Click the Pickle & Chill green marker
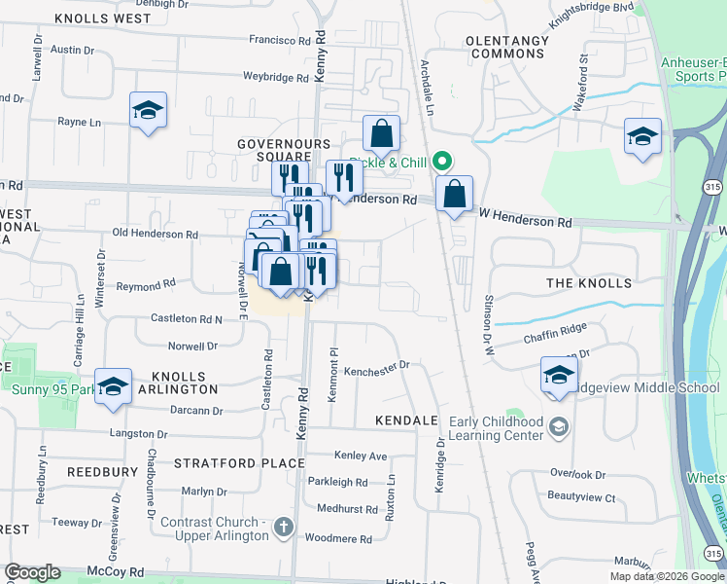[443, 162]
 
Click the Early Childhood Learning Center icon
[559, 426]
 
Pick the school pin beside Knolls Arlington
[113, 385]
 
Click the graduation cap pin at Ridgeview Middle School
[559, 375]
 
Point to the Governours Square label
[271, 150]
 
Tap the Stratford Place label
[240, 462]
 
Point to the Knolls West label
[103, 18]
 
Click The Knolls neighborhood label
[589, 283]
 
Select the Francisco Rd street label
[279, 40]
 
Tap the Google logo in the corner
[32, 572]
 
